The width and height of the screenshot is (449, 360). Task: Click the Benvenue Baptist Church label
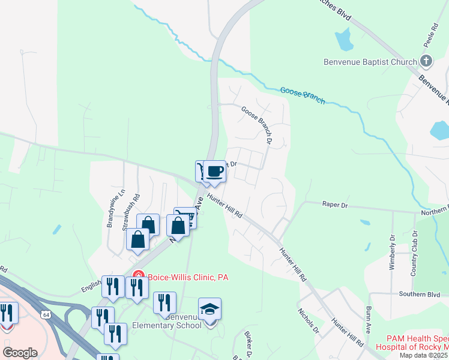click(370, 62)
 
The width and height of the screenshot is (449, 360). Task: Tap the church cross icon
click(426, 61)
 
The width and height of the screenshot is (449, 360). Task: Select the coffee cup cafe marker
click(214, 172)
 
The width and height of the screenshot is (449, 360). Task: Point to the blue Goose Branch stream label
click(303, 95)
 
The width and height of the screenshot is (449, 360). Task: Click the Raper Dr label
click(335, 205)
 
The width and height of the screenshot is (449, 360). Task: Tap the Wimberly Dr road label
click(393, 252)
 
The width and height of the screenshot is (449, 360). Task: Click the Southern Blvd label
click(408, 294)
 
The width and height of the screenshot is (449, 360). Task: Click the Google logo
click(20, 352)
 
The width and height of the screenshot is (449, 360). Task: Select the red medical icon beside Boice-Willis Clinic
click(137, 277)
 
